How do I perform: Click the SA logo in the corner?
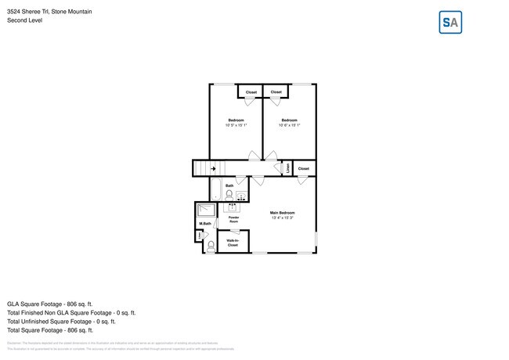tap(450, 23)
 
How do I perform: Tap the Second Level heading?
tap(24, 20)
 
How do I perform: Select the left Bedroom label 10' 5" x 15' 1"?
tap(236, 123)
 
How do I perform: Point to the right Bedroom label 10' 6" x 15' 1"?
tap(289, 123)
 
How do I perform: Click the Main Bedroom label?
tap(282, 215)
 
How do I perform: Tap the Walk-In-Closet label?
tap(233, 243)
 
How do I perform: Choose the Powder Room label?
tap(233, 220)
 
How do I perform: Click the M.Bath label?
tap(205, 225)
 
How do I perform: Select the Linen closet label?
tap(287, 168)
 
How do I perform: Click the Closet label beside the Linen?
tap(304, 168)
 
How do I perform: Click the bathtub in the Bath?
tap(215, 189)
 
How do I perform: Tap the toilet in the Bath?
tap(229, 195)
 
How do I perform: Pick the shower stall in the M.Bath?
tap(206, 210)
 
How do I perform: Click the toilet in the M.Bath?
tap(210, 245)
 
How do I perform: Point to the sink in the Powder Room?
tap(232, 208)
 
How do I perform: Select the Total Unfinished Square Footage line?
tap(61, 321)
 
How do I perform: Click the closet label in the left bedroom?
tap(251, 92)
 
